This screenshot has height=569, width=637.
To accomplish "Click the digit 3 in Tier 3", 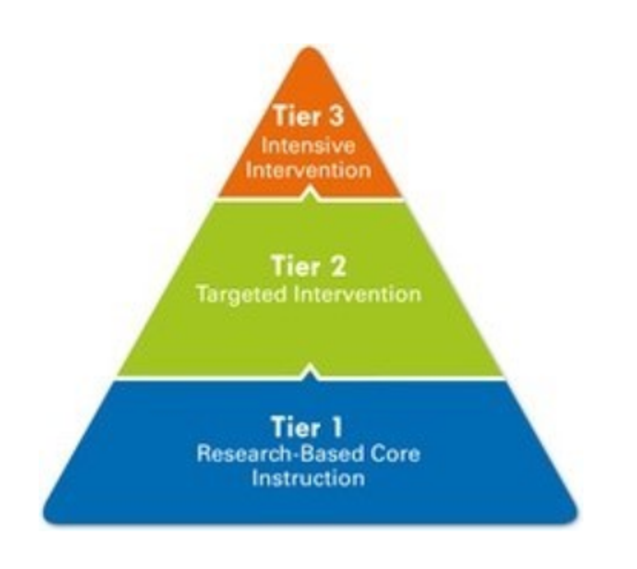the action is point(335,116).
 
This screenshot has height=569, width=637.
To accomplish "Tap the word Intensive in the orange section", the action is point(308,146).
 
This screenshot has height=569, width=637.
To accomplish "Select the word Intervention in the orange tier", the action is point(308,170).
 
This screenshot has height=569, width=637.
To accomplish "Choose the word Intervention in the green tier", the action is point(357,295).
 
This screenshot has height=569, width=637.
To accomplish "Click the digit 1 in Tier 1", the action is point(337,426).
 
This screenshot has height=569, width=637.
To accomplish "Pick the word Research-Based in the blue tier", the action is point(280,454).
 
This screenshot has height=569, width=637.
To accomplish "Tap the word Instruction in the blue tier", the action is point(308,478).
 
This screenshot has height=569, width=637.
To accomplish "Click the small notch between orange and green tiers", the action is point(310,192).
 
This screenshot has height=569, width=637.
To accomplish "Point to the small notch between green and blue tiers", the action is point(310,370).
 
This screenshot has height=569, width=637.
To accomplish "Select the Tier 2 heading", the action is point(309,265).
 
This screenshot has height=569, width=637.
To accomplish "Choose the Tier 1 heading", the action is point(307,426).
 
